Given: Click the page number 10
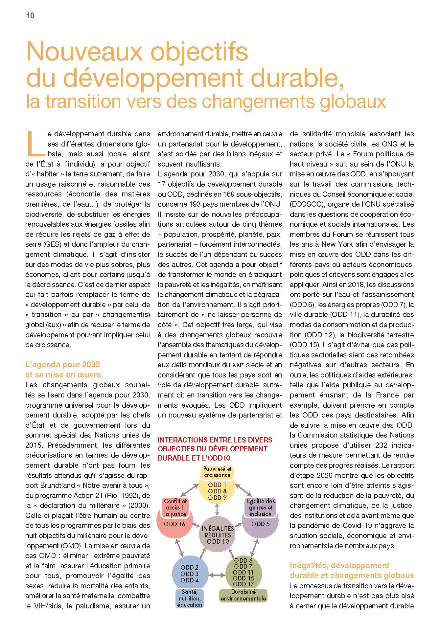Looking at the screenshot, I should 30,15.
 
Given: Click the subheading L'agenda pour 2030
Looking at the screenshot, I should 62,365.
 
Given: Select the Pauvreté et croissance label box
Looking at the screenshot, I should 217,472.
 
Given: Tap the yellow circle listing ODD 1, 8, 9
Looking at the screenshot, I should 217,491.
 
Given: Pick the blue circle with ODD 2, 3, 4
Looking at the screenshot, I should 190,574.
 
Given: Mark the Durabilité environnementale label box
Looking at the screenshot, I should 243,595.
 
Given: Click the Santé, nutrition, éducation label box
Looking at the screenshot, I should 190,598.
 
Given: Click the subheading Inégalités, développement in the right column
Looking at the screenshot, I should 339,566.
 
